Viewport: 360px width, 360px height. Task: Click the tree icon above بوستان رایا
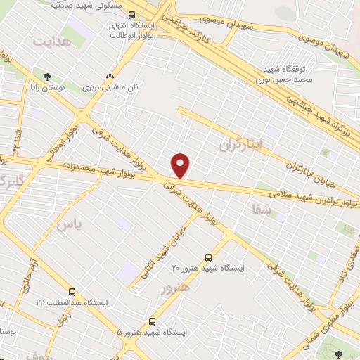48,76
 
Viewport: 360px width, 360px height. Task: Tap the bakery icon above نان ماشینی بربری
109,76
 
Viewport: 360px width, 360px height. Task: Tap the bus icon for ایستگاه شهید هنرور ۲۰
208,257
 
